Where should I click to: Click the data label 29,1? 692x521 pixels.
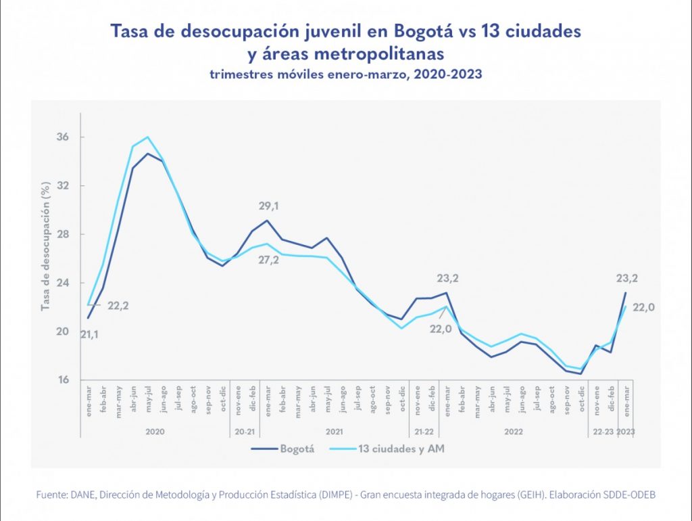click(269, 205)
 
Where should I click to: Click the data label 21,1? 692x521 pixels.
click(89, 334)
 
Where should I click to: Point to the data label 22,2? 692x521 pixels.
click(117, 306)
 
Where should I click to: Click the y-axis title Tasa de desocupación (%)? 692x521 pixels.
click(45, 246)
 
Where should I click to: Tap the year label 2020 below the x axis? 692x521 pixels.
click(155, 431)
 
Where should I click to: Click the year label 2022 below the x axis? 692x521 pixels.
click(514, 431)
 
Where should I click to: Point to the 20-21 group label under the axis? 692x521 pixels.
click(245, 431)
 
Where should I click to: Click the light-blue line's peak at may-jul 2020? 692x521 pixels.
click(147, 137)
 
